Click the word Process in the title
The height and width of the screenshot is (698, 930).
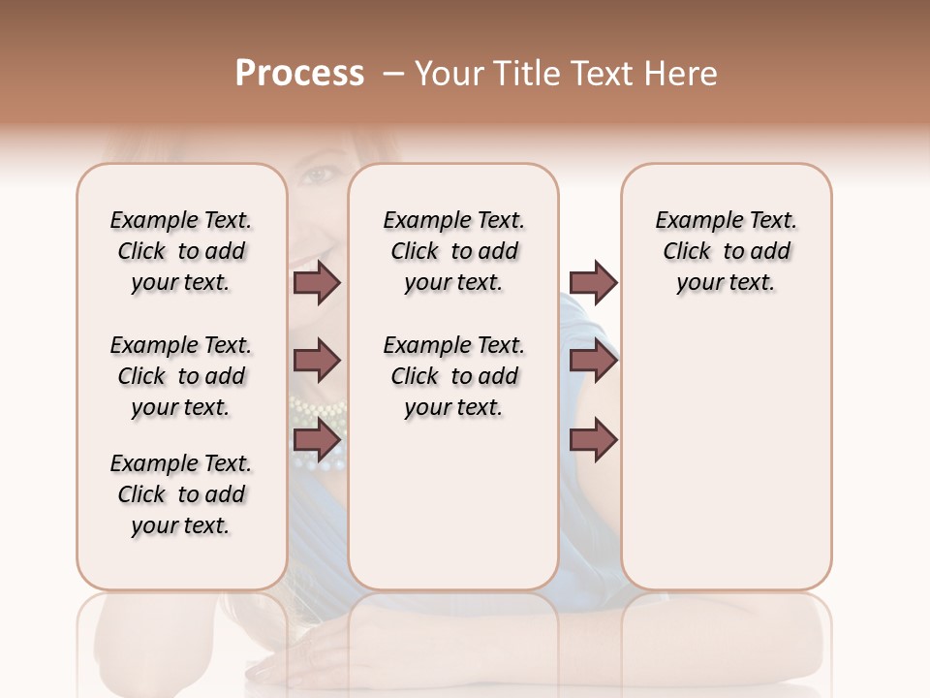coord(299,74)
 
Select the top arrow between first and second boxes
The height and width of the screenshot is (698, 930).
coord(317,283)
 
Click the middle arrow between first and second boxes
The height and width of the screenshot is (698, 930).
coord(317,362)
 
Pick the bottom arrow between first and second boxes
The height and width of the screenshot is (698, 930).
coord(317,440)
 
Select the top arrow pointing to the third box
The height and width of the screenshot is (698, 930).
coord(593,283)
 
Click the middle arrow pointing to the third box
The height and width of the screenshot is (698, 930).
coord(593,362)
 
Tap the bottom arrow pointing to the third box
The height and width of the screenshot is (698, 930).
coord(593,440)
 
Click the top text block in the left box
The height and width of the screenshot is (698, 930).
coord(181,251)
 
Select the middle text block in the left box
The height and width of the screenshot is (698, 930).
coord(181,376)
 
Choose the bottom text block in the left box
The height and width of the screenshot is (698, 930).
coord(181,494)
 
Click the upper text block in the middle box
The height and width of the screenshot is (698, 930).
coord(453,251)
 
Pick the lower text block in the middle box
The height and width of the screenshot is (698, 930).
coord(453,376)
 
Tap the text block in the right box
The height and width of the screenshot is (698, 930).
coord(727,251)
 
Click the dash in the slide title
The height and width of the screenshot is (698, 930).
coord(392,74)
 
